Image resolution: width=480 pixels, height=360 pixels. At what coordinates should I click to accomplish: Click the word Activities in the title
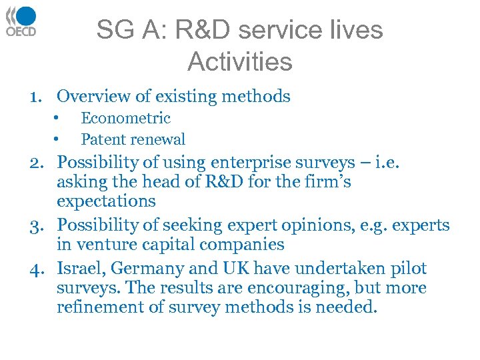240,62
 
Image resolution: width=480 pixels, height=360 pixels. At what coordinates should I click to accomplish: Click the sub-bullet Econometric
125,119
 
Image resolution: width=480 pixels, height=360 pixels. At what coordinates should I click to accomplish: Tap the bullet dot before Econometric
58,119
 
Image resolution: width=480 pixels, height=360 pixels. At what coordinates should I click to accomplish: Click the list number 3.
36,226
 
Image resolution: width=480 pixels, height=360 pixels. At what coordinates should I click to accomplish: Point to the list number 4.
36,269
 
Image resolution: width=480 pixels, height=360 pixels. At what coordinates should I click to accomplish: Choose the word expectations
106,201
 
